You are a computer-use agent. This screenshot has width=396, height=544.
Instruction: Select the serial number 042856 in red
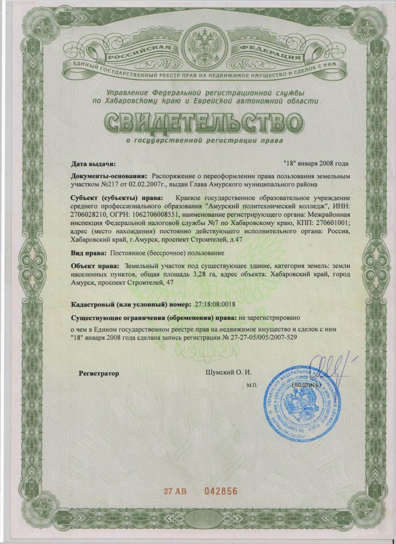click(215, 491)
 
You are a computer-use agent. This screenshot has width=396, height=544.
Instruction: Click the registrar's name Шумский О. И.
click(228, 372)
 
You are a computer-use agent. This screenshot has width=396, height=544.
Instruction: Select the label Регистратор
click(99, 373)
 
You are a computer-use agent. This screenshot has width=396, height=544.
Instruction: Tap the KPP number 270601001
click(331, 222)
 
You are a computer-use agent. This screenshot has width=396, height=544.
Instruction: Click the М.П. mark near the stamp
click(252, 386)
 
